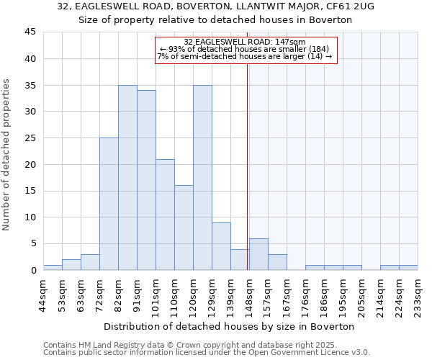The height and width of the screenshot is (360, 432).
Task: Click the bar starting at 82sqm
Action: (127, 177)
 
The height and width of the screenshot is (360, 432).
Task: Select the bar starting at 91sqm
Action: (146, 180)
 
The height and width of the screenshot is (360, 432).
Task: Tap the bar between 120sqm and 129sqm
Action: (202, 177)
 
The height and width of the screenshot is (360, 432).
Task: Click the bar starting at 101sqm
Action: (165, 215)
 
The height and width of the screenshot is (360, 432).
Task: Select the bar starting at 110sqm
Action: (184, 228)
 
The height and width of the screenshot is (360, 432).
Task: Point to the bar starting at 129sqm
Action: (221, 246)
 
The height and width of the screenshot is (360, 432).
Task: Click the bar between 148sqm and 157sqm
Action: (258, 254)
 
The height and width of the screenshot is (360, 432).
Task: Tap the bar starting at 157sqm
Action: (277, 262)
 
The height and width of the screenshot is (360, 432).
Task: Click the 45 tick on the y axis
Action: (30, 32)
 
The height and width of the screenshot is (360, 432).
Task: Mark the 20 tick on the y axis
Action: (30, 164)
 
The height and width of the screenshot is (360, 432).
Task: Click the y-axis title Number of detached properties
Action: (6, 155)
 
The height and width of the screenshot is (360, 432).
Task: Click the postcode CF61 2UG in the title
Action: (349, 6)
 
